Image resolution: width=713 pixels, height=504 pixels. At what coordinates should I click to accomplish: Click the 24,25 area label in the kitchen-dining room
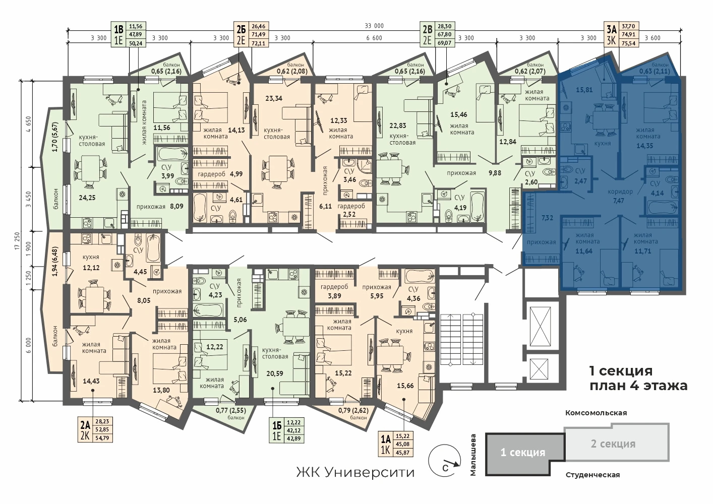tap(87, 198)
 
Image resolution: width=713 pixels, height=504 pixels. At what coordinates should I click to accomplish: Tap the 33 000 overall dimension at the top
tap(374, 26)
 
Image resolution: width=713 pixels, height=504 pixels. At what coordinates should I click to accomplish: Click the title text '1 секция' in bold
tap(621, 370)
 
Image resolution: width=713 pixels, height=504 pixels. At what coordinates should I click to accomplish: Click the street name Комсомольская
tap(596, 413)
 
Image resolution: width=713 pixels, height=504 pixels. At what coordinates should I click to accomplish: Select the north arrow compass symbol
tap(445, 461)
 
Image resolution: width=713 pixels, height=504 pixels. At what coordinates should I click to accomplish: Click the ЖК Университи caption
tap(355, 472)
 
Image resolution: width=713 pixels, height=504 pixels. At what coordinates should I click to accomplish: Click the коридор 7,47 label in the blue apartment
tap(620, 196)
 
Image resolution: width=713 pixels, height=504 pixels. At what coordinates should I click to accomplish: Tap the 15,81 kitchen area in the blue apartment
tap(584, 90)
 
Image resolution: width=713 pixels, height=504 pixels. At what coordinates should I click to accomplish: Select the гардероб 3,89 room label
tap(334, 291)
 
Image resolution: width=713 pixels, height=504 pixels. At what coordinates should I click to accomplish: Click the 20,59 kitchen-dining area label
tap(275, 373)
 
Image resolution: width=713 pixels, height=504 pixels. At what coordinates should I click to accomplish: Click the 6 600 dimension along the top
tap(374, 38)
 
